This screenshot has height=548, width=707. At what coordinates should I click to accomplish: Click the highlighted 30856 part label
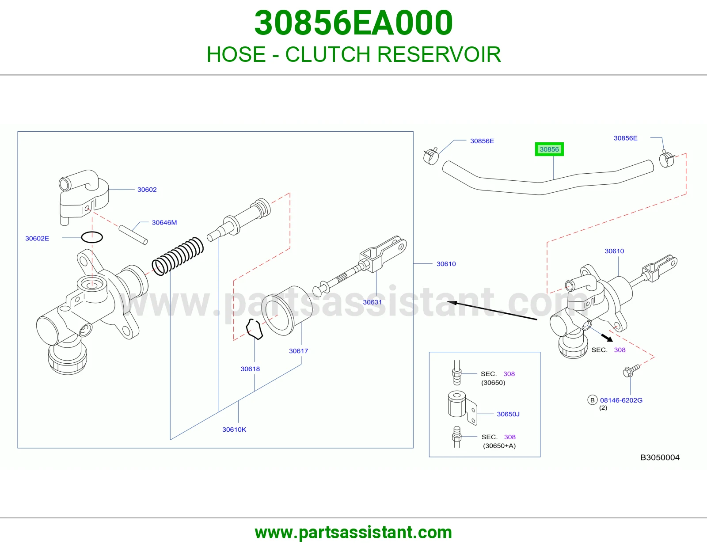point(549,149)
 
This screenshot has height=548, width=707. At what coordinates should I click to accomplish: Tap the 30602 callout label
point(147,190)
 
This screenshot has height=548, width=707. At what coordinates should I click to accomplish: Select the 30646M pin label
point(164,223)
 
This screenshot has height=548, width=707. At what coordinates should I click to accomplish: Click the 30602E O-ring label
point(37,239)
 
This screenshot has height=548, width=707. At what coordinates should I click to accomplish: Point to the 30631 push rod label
point(372,302)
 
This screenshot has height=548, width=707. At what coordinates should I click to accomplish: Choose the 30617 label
point(298,351)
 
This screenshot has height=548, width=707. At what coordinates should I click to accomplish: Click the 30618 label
point(250,369)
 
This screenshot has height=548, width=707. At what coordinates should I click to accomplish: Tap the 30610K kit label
point(234,430)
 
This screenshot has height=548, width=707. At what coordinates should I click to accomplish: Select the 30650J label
point(508,414)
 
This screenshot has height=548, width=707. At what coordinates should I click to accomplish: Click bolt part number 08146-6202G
point(621,400)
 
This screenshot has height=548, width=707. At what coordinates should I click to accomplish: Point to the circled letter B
point(592,400)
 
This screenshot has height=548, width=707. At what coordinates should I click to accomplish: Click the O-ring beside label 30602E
point(92,237)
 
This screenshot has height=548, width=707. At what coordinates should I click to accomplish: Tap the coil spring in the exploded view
point(178,256)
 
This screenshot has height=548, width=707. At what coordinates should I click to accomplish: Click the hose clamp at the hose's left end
point(431,156)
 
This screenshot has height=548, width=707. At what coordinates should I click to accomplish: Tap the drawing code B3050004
point(660,457)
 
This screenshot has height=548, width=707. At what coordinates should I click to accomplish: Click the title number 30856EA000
point(353,23)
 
